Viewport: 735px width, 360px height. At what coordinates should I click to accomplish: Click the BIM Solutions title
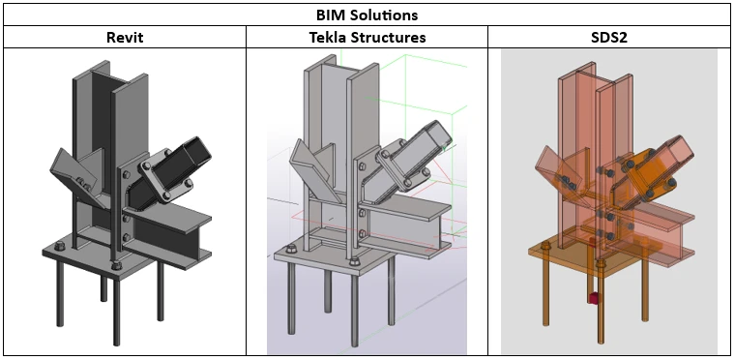(367, 15)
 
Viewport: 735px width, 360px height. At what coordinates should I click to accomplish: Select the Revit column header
(125, 37)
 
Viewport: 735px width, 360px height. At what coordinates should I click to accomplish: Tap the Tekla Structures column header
(367, 37)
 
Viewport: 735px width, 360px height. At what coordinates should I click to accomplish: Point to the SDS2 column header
(609, 37)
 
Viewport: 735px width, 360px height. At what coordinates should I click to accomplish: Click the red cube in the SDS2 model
(595, 298)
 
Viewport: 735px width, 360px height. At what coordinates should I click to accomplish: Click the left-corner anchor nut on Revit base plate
(60, 246)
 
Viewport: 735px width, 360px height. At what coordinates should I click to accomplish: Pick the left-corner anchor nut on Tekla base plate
(291, 250)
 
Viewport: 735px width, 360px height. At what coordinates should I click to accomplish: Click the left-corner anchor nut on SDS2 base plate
(545, 246)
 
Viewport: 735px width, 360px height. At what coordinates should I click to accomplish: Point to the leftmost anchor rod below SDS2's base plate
(545, 291)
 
